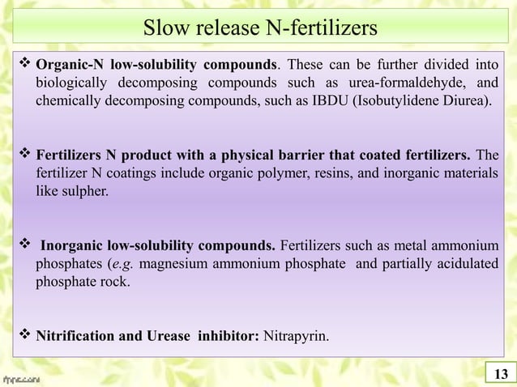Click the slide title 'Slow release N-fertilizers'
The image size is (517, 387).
(258, 30)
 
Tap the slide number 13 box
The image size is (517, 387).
(500, 373)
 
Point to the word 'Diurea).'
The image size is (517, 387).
(465, 102)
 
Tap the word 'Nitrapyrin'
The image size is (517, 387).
(295, 335)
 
